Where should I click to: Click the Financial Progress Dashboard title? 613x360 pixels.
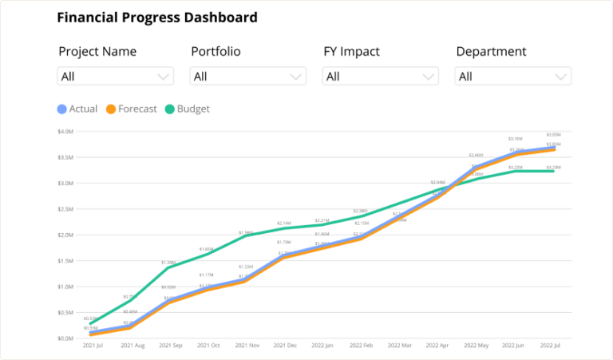[x=157, y=18]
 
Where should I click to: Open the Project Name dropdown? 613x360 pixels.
[x=116, y=77]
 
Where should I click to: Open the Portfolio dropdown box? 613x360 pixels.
[x=248, y=77]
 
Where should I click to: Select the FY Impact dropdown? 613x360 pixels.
[x=381, y=77]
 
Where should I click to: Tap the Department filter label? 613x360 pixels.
[x=491, y=52]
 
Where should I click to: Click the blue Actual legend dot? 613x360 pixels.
[x=62, y=109]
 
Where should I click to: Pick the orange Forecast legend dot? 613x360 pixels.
[x=112, y=109]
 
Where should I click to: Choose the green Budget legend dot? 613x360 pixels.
[x=169, y=109]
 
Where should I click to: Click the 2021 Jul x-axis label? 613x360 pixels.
[x=93, y=346]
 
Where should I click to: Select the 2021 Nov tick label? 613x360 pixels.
[x=248, y=346]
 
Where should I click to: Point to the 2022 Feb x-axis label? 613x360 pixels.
[x=361, y=346]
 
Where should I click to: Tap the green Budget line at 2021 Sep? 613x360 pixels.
[x=170, y=267]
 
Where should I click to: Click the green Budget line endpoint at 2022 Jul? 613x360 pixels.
[x=554, y=171]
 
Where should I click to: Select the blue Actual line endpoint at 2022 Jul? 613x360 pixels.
[x=554, y=148]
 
